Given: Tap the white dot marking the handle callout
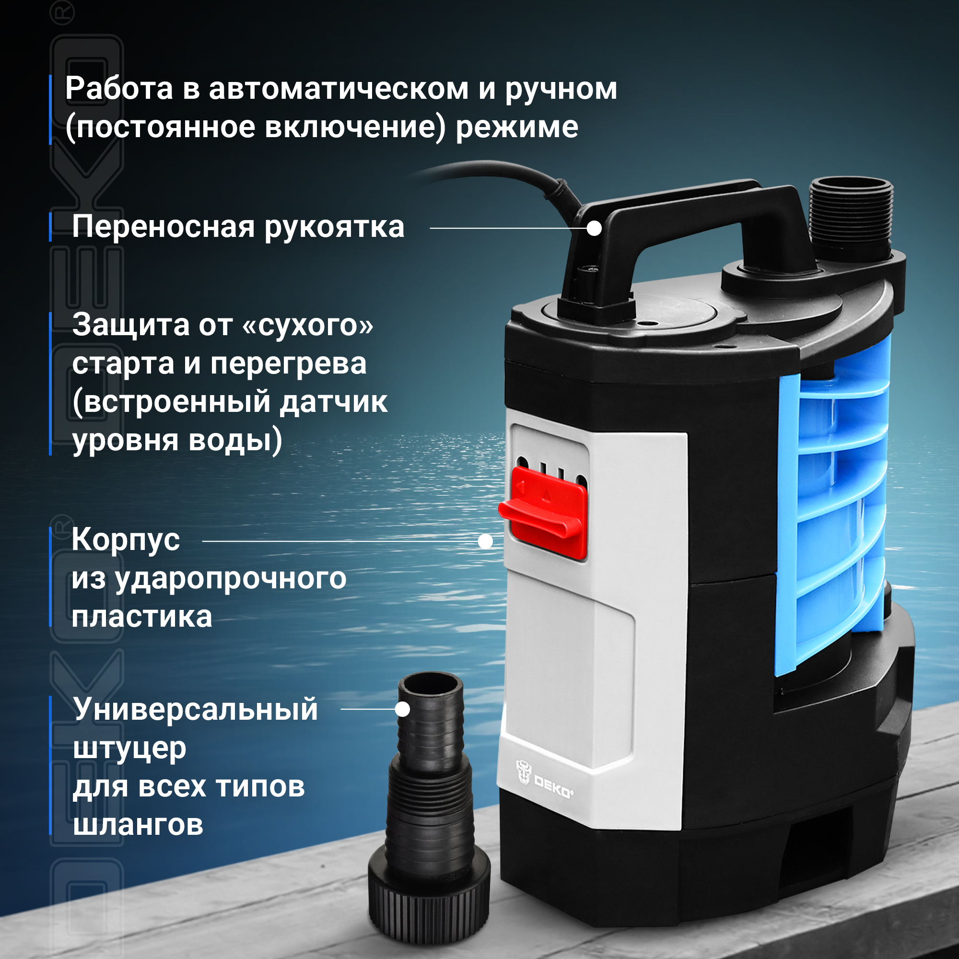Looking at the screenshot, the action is pyautogui.click(x=594, y=228).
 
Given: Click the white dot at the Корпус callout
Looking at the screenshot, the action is pyautogui.click(x=485, y=541).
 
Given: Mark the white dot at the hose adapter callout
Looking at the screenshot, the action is pyautogui.click(x=403, y=709).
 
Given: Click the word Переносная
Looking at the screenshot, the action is pyautogui.click(x=164, y=227).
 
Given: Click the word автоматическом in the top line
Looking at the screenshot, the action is pyautogui.click(x=339, y=89).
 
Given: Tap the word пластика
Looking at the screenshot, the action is pyautogui.click(x=142, y=618).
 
